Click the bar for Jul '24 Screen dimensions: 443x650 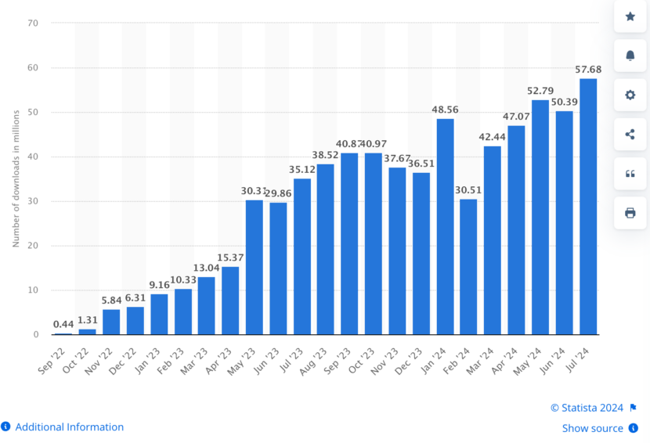point(587,207)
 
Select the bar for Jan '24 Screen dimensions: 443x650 point(445,226)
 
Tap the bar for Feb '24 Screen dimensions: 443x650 point(468,267)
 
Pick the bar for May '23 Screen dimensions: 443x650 point(255,267)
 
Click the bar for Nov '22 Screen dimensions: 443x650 point(111,322)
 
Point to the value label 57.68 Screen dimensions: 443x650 point(587,71)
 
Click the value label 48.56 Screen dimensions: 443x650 point(445,111)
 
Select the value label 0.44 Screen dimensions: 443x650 point(63,324)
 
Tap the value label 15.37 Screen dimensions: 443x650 point(230,258)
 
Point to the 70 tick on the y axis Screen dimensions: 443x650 point(33,23)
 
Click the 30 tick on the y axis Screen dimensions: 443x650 point(33,201)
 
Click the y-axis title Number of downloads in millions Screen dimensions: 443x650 point(16,179)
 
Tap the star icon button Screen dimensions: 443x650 point(630,16)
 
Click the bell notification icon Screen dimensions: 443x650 point(630,55)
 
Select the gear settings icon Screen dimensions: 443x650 point(630,95)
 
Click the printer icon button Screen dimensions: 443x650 point(630,213)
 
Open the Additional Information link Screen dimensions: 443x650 point(69,427)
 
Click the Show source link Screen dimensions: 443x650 point(592,428)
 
